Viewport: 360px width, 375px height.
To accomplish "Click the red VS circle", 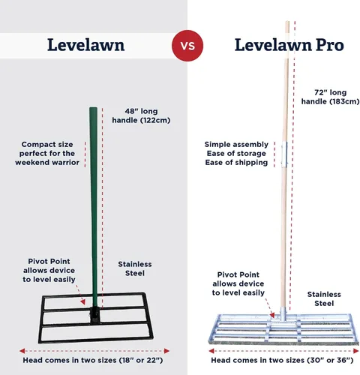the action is pos(187,46).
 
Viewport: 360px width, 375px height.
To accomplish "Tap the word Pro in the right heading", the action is pos(330,45).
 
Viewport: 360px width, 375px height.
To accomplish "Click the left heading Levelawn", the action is pos(86,45).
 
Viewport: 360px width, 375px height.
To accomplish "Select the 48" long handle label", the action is pos(141,115).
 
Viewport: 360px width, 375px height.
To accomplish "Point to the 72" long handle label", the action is pos(330,97).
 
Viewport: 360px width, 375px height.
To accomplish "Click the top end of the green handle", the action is pos(93,108).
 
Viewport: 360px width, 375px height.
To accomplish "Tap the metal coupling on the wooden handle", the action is pos(284,154).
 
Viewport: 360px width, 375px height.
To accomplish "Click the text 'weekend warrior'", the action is pos(47,163).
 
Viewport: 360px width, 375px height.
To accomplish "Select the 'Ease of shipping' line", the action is pos(236,163).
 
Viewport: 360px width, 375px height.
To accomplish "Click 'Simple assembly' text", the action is pos(236,145).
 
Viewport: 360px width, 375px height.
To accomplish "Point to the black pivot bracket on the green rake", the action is pos(95,315).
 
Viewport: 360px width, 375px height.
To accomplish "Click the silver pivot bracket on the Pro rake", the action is pos(283,314).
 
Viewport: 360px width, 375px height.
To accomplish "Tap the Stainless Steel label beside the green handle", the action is pos(135,268).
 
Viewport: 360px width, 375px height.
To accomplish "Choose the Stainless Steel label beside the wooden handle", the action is pos(324,298).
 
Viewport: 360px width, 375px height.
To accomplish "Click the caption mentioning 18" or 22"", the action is pos(93,360).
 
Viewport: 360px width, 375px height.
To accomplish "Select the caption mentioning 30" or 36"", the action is pos(282,360).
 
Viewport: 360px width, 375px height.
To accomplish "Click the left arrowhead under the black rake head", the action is pos(22,351).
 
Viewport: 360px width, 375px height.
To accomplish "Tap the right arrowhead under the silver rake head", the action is pos(356,351).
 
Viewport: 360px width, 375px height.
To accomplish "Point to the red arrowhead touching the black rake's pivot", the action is pos(83,302).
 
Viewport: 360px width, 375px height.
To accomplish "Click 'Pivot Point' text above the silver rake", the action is pos(238,274).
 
